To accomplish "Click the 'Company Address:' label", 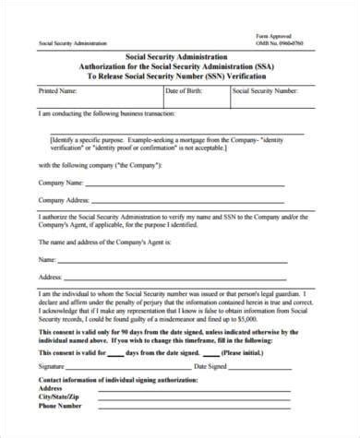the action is (x=65, y=200).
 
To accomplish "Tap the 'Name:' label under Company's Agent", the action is (x=47, y=258).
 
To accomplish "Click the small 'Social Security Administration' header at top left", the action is (x=72, y=43).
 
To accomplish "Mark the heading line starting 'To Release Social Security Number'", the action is (x=184, y=77).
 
